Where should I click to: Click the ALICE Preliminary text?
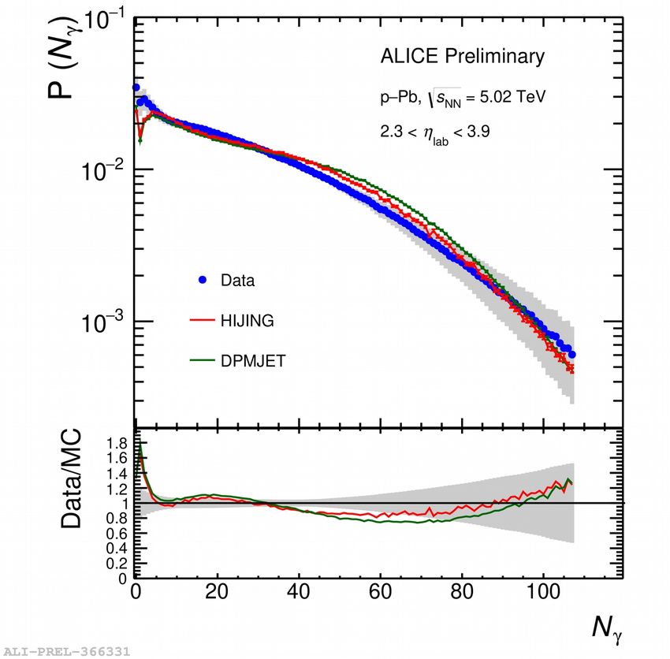[x=462, y=57]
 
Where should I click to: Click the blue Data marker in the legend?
[x=203, y=279]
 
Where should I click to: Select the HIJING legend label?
[x=248, y=320]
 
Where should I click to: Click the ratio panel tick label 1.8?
[x=117, y=443]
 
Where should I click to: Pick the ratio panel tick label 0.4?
[x=117, y=548]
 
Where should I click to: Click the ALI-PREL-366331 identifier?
[x=66, y=652]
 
